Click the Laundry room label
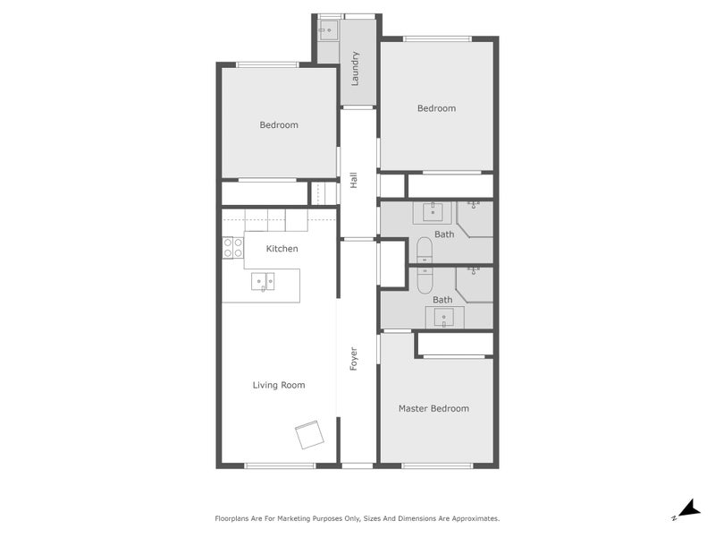point(355,70)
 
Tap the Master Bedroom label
point(433,408)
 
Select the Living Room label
point(279,385)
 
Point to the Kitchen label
point(282,248)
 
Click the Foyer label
point(354,360)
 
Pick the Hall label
point(355,180)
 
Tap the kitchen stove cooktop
point(232,248)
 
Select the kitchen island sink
point(264,282)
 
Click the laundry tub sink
point(327,31)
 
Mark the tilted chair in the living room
point(309,435)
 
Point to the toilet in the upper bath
point(424,251)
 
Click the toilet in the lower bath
point(424,280)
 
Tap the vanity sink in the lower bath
point(444,317)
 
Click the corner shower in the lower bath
point(475,284)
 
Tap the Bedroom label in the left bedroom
point(279,124)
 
